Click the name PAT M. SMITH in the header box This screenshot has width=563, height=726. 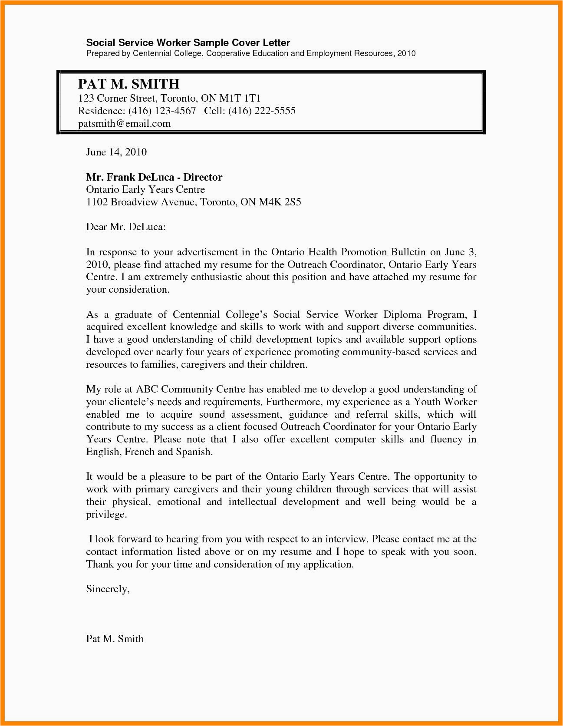128,84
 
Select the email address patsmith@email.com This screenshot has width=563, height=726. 124,124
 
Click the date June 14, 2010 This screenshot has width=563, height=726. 116,152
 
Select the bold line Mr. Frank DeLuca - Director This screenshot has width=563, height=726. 154,177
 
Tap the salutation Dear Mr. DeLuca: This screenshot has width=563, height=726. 126,227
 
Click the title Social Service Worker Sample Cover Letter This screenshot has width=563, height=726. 188,43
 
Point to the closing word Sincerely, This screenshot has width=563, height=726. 108,589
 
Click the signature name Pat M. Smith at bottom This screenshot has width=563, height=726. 115,639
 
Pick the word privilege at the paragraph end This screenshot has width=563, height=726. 106,515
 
